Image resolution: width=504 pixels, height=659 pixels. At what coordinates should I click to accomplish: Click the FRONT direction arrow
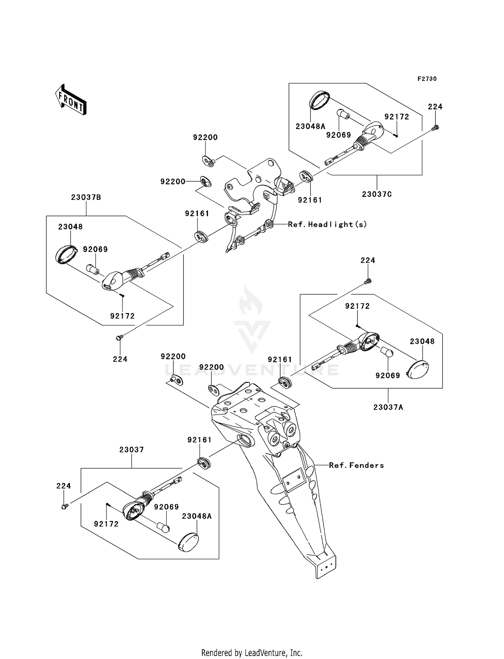pyautogui.click(x=71, y=100)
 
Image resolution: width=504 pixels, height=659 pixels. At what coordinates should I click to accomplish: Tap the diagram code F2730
pyautogui.click(x=427, y=79)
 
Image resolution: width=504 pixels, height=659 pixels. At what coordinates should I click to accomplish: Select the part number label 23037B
pyautogui.click(x=86, y=197)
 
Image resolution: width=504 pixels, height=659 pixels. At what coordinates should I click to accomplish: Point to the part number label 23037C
pyautogui.click(x=377, y=194)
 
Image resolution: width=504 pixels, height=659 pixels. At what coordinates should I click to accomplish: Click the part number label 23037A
pyautogui.click(x=388, y=407)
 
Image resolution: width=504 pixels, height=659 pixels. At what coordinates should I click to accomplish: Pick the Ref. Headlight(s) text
pyautogui.click(x=327, y=224)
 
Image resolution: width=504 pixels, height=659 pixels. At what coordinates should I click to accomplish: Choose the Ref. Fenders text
pyautogui.click(x=356, y=465)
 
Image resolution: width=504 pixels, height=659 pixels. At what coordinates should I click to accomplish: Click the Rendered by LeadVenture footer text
pyautogui.click(x=252, y=653)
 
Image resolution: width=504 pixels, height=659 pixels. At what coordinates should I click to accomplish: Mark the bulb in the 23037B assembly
pyautogui.click(x=93, y=269)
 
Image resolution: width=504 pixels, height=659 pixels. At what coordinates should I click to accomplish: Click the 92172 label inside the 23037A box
pyautogui.click(x=358, y=306)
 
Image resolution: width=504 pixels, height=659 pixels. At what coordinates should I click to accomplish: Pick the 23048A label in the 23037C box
pyautogui.click(x=310, y=126)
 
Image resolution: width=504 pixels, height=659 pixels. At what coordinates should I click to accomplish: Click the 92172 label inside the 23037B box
pyautogui.click(x=122, y=316)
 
